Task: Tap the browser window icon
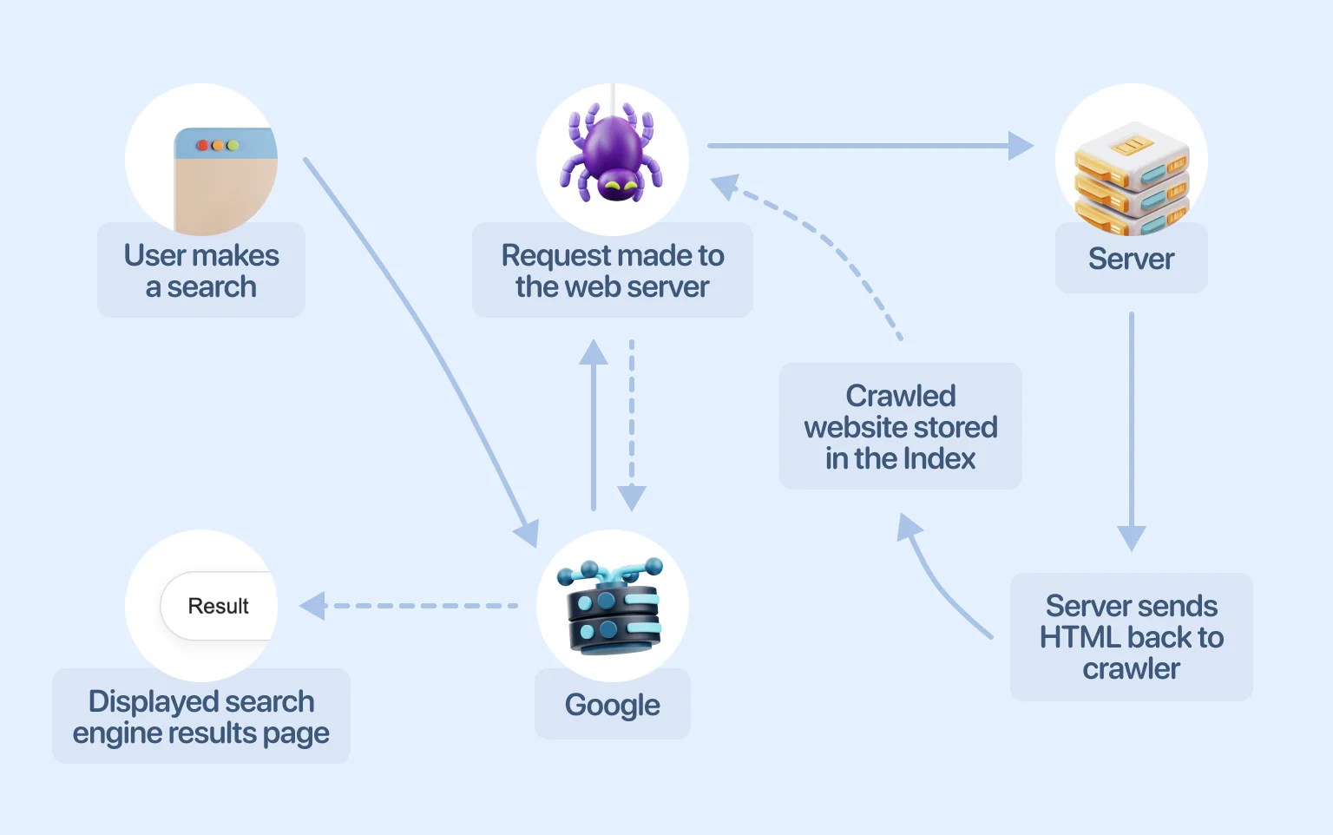[224, 178]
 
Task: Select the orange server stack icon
[1131, 178]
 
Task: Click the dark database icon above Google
[613, 607]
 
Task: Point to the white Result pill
[219, 606]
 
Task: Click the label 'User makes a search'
[201, 271]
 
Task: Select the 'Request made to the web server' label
[613, 271]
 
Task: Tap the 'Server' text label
[1131, 259]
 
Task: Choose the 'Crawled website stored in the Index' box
[900, 426]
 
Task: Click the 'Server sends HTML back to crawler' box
[1131, 637]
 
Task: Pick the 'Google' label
[613, 705]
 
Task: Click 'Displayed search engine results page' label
[201, 717]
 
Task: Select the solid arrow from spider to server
[868, 146]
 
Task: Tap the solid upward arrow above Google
[594, 425]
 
